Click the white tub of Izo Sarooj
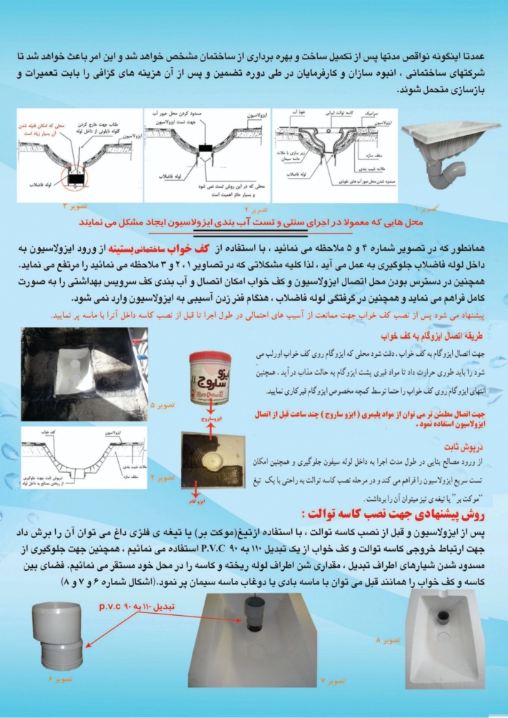tap(213, 379)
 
